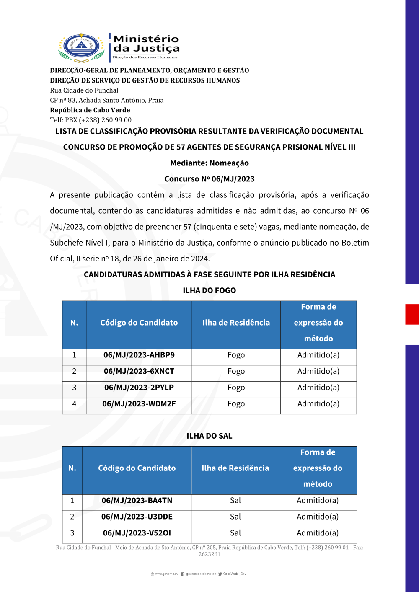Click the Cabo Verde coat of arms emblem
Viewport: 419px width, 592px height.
[x=81, y=47]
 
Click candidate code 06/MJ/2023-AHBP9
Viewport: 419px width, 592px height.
[x=139, y=355]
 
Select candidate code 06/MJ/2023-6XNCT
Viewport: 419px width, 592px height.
[x=139, y=372]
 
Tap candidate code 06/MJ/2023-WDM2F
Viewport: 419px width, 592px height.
[x=139, y=404]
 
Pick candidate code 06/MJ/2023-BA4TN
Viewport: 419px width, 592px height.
[x=137, y=501]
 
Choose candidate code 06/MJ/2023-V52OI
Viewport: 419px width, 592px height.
[x=137, y=533]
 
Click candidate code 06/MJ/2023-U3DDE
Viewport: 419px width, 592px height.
[x=137, y=517]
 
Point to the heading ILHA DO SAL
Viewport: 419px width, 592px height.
[x=209, y=436]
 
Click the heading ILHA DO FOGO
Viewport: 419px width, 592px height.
[x=209, y=291]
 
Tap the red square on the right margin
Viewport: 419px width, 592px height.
[x=412, y=314]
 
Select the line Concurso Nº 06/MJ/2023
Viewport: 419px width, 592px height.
[x=209, y=179]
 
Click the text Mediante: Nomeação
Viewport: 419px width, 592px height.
[x=209, y=163]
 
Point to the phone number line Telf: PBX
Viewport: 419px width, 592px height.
[x=91, y=120]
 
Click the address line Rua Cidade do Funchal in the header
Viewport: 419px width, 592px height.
[x=84, y=90]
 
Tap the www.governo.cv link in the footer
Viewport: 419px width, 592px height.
[x=166, y=574]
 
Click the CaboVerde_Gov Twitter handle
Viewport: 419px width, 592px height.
[x=234, y=574]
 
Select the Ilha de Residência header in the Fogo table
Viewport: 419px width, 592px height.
[x=236, y=323]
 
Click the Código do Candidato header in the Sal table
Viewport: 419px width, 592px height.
[x=137, y=468]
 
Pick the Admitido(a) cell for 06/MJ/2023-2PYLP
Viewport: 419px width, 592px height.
[x=318, y=388]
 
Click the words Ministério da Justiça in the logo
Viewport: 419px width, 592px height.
[x=146, y=44]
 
